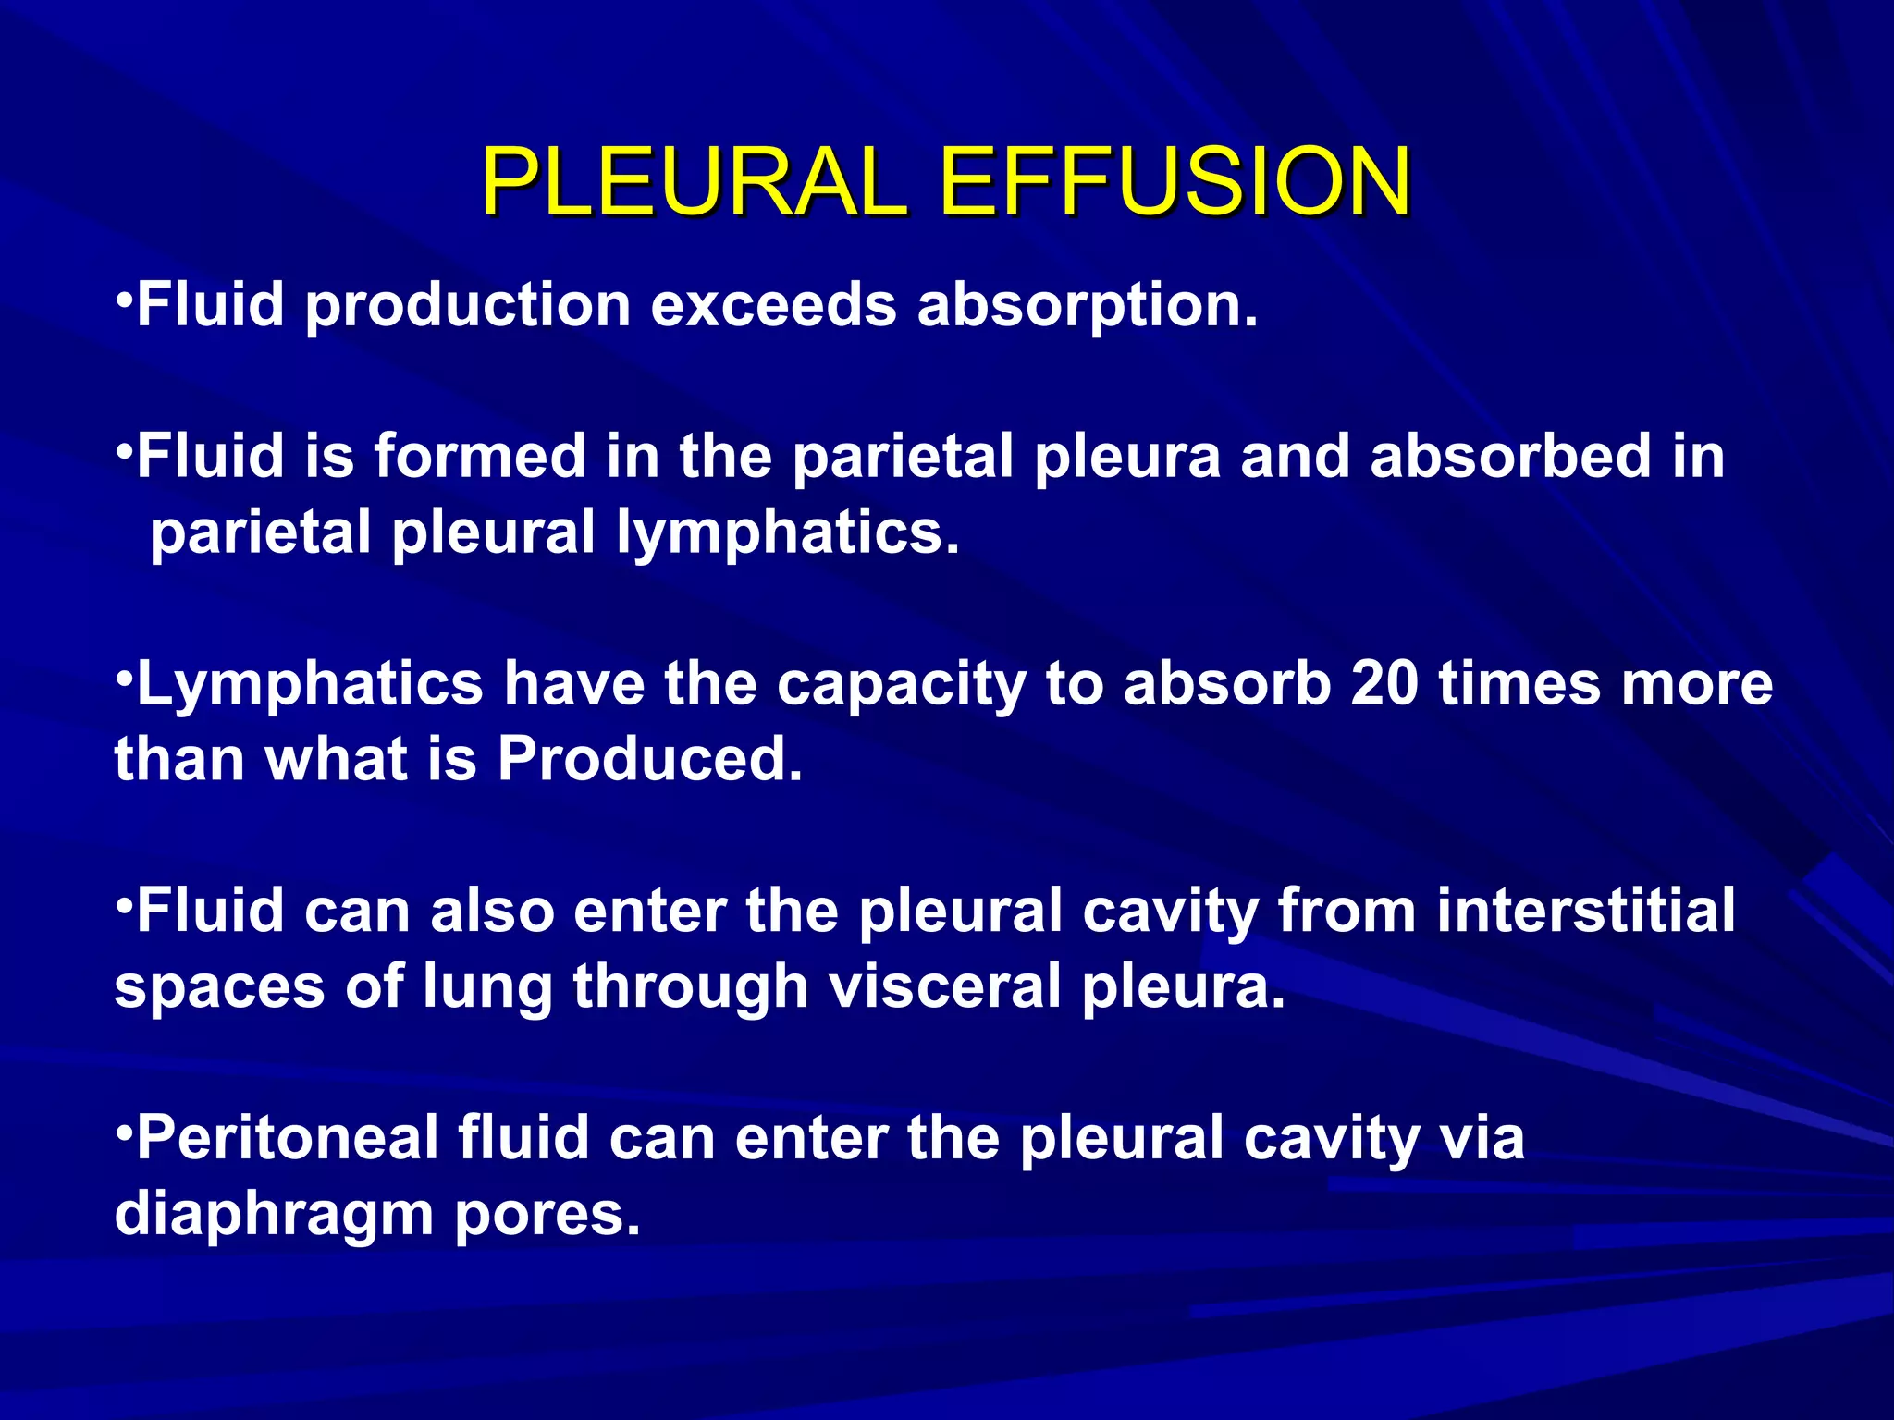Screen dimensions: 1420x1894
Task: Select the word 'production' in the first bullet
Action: [x=468, y=305]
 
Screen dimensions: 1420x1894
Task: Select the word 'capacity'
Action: [x=901, y=686]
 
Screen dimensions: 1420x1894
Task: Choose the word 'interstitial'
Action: [x=1586, y=911]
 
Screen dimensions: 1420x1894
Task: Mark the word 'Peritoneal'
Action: [x=288, y=1138]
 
